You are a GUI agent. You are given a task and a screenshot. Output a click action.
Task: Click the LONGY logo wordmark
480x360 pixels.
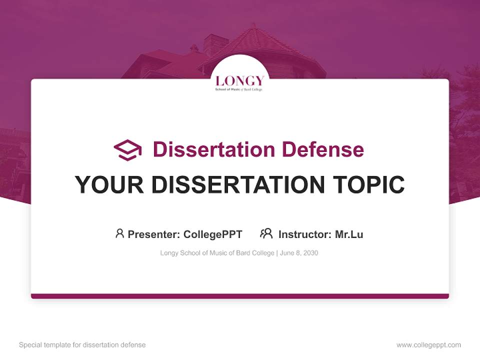[x=239, y=81]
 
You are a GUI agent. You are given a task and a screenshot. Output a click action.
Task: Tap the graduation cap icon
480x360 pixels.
[x=127, y=150]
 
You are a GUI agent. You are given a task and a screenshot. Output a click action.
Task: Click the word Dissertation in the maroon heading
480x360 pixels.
[x=213, y=149]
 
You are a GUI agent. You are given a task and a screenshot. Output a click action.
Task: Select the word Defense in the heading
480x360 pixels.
[x=323, y=149]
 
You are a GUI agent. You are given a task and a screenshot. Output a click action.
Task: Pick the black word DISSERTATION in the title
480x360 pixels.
[x=238, y=184]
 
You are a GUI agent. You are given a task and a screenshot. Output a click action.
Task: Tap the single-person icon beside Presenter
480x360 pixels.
[x=119, y=233]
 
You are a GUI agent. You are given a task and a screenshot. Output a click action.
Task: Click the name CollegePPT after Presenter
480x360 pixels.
[x=213, y=234]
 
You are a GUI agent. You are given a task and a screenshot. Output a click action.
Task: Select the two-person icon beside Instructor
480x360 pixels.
[x=266, y=233]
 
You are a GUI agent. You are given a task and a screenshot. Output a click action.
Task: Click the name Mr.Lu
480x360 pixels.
[x=349, y=234]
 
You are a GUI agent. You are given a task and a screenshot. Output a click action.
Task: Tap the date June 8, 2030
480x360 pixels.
[x=299, y=253]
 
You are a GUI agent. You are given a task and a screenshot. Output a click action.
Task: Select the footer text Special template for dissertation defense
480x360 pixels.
[x=82, y=344]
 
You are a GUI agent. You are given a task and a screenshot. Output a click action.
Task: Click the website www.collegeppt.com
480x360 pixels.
[x=428, y=345]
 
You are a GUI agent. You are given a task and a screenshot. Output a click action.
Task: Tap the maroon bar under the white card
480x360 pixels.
[x=240, y=296]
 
